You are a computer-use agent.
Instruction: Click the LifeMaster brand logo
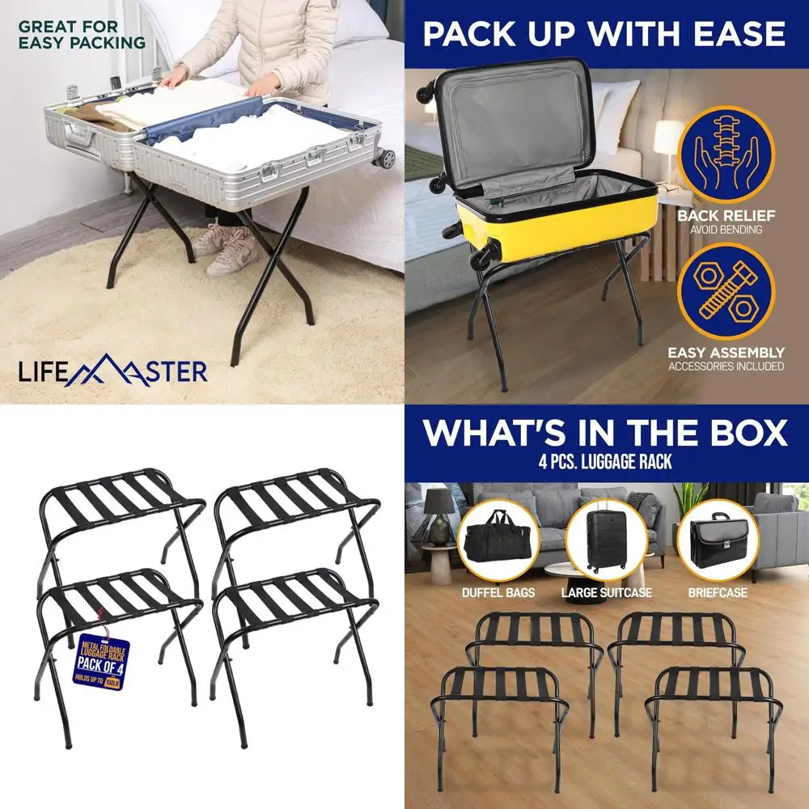(x=113, y=371)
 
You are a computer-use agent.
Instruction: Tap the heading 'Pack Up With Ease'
(x=604, y=35)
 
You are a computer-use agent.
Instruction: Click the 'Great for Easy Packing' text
(x=82, y=34)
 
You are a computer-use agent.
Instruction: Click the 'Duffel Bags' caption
(x=498, y=593)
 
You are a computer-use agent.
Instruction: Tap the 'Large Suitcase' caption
(x=607, y=593)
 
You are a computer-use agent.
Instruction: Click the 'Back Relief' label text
(x=726, y=216)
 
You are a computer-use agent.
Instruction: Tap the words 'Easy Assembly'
(x=726, y=353)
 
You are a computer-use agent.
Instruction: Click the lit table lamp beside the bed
(x=669, y=142)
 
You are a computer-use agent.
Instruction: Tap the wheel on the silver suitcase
(x=387, y=157)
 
